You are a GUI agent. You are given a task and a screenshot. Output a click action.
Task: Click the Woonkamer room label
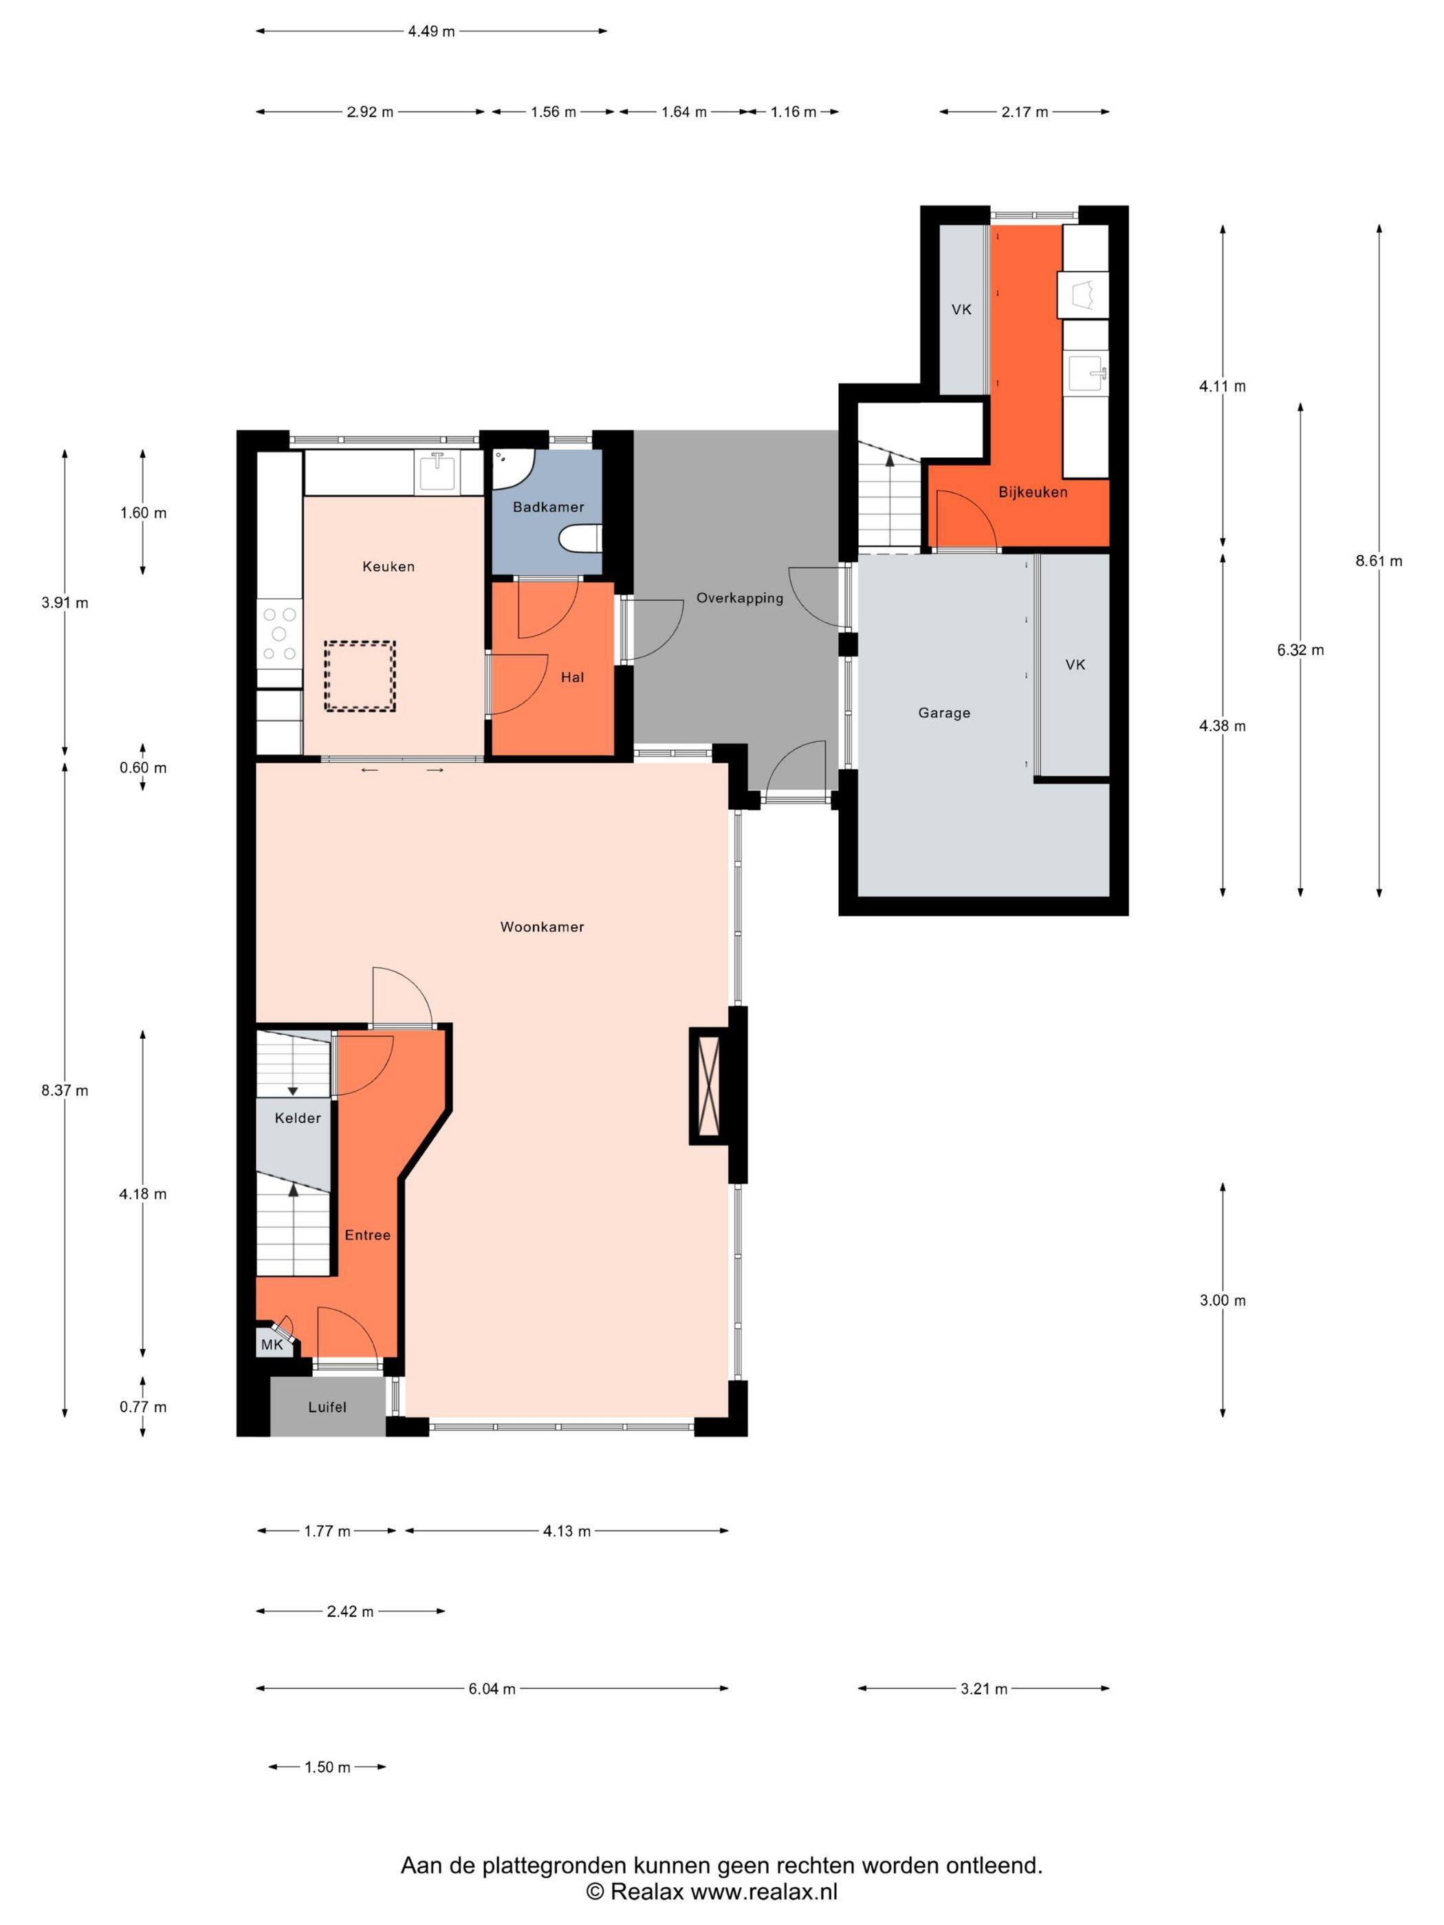541,927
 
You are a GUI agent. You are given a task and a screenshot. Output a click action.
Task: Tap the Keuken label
389,566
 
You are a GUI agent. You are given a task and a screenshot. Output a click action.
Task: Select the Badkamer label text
548,507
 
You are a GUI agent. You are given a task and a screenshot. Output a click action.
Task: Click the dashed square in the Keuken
360,676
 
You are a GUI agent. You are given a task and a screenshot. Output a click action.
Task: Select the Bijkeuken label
1032,492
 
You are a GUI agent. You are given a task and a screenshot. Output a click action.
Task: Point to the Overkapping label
739,599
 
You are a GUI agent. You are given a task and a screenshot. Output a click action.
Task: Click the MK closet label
272,1345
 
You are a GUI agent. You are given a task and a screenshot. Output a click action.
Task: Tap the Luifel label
327,1407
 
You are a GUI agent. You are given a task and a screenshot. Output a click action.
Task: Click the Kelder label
298,1117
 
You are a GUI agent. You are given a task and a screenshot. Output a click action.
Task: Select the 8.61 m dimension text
1379,561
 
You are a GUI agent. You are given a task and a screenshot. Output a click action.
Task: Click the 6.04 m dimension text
492,1688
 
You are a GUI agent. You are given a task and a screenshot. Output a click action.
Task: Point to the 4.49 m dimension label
431,32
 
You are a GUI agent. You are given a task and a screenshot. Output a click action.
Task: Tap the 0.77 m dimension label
143,1407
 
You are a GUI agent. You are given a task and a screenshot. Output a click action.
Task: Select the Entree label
367,1235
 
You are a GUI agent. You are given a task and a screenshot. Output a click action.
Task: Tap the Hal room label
572,677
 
